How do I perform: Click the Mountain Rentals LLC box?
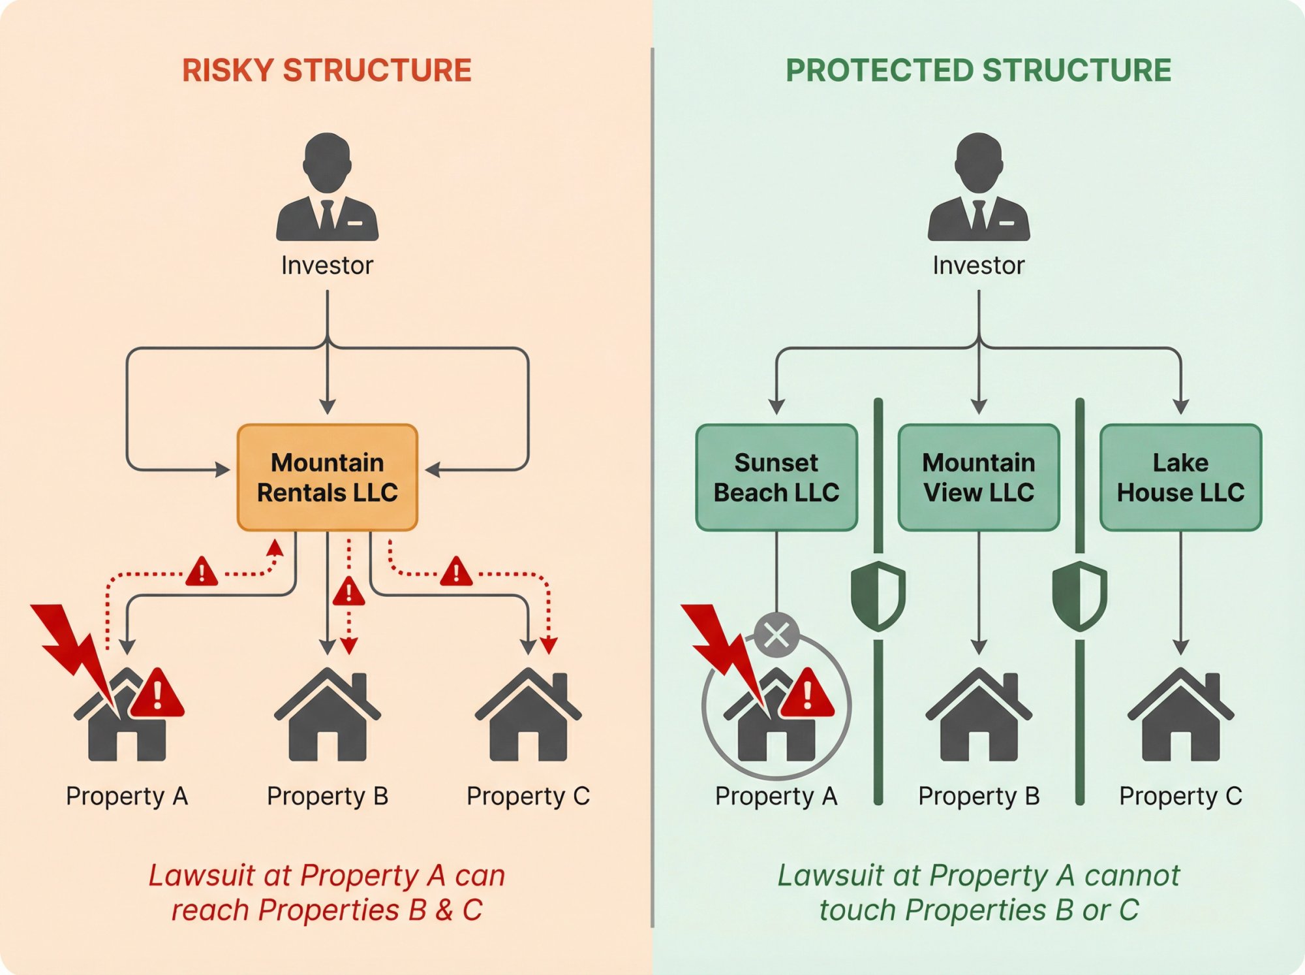(x=327, y=477)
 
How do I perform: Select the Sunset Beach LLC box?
(x=776, y=477)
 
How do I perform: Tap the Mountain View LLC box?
(x=978, y=477)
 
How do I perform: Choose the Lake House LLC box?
(x=1180, y=477)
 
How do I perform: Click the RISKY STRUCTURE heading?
(x=326, y=71)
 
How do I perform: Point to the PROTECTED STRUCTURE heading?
(x=978, y=71)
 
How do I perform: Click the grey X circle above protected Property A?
(x=776, y=634)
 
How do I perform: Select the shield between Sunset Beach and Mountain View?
(x=878, y=596)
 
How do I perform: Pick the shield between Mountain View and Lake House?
(x=1080, y=596)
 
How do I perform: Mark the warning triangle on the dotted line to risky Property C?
(x=456, y=572)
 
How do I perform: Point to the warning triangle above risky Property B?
(x=348, y=592)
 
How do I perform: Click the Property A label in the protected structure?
(x=776, y=796)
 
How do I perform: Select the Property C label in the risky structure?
(x=528, y=796)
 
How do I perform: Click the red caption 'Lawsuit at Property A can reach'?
(x=327, y=892)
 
